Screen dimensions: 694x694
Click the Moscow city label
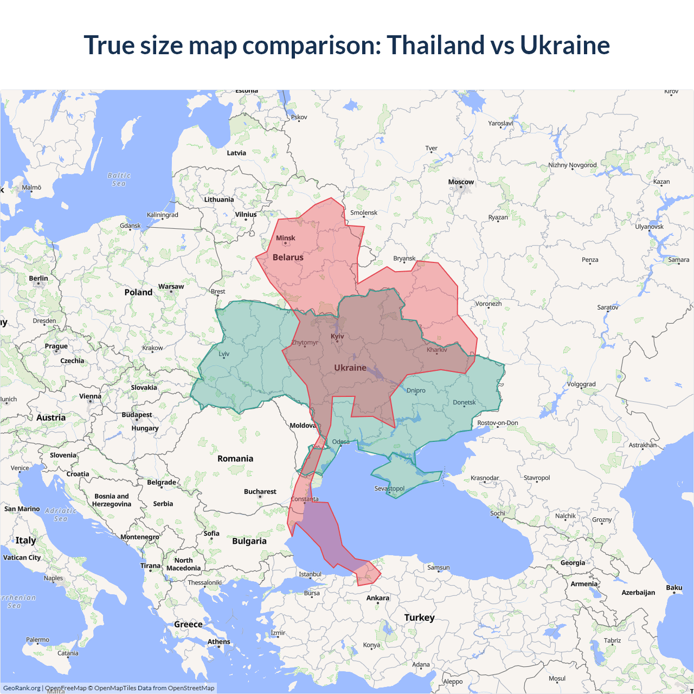coord(461,182)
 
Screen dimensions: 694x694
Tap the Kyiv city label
coord(337,336)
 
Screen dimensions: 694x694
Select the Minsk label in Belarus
coord(285,238)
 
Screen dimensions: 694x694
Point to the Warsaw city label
coord(171,286)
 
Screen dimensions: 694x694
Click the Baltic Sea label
coord(119,179)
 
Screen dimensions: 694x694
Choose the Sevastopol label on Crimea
coord(389,489)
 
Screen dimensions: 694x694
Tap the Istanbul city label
coord(310,574)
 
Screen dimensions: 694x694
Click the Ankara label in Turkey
coord(377,598)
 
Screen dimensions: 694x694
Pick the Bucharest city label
coord(260,492)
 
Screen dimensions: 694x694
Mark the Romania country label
coord(235,459)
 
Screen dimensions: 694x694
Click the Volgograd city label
coord(581,384)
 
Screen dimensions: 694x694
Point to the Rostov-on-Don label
coord(498,423)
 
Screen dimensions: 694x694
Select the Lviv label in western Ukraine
coord(224,354)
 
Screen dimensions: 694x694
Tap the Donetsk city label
coord(464,402)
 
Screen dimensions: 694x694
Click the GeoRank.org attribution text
coord(22,688)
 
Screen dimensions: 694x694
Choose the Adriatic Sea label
coord(61,515)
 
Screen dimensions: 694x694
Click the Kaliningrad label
coord(162,215)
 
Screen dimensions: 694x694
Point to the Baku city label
coord(674,588)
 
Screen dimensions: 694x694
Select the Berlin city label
coord(38,278)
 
